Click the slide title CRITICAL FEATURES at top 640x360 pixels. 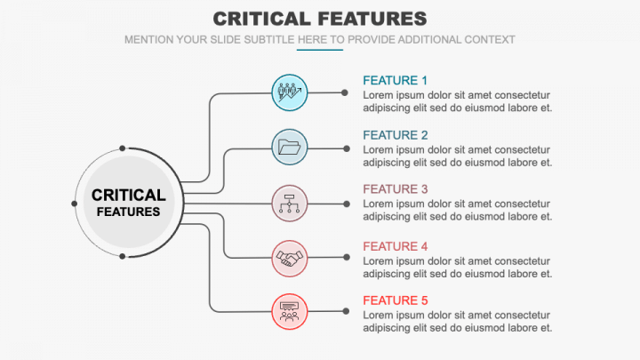320,19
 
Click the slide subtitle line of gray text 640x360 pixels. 320,40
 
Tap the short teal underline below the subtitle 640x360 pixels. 320,50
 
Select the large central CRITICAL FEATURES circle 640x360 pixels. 128,203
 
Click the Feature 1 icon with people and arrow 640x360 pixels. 290,92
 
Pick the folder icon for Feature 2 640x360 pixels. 290,147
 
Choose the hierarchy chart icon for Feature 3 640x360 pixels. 290,203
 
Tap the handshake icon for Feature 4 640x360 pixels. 290,258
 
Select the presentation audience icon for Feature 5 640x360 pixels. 290,311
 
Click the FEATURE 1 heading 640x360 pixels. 396,80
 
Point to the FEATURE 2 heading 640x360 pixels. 396,135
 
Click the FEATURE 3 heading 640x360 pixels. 396,189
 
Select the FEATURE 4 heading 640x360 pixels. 396,246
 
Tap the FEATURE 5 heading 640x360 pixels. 396,300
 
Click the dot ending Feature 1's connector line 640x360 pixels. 345,92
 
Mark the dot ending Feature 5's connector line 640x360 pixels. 345,311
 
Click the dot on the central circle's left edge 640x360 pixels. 74,204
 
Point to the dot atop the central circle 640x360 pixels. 122,149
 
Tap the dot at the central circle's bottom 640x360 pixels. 122,257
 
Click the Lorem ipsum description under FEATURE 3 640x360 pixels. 458,210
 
